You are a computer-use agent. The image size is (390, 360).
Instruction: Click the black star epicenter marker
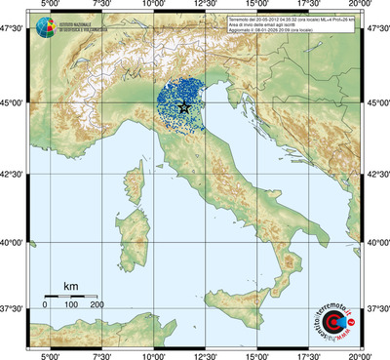click(185, 107)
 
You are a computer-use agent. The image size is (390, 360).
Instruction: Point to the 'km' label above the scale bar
click(70, 286)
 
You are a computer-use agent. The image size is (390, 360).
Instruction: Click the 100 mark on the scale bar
click(71, 305)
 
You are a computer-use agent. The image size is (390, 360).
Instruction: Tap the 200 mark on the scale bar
click(97, 305)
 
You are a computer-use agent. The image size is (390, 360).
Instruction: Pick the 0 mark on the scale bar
click(45, 305)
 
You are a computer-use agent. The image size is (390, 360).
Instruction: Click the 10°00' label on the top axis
click(153, 6)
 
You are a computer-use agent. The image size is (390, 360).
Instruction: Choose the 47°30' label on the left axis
click(14, 31)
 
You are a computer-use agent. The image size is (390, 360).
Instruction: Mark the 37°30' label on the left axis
click(14, 308)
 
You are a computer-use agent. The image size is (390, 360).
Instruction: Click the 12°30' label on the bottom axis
click(205, 355)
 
